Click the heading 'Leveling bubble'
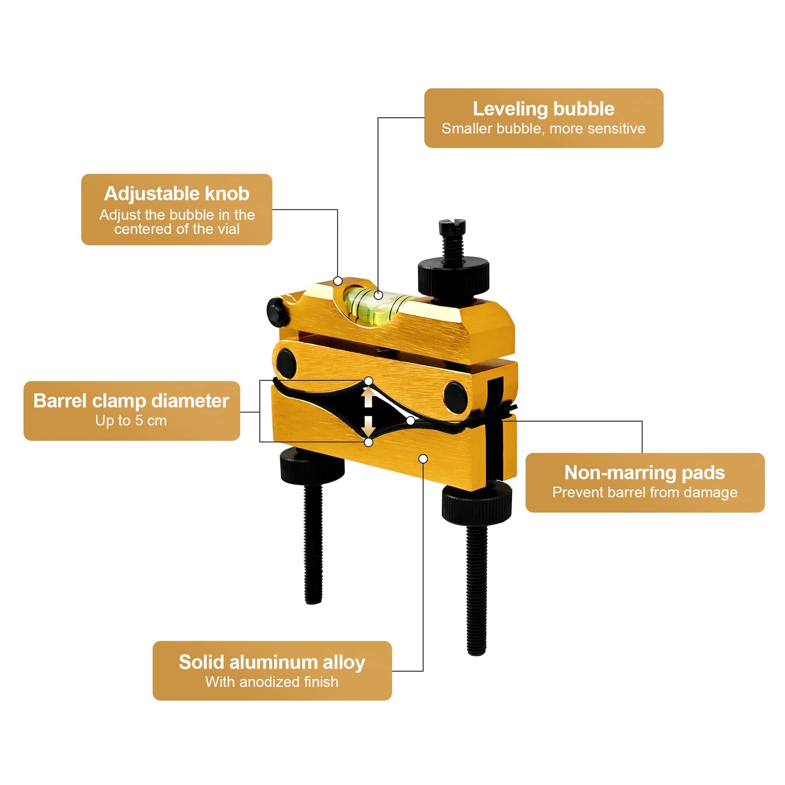(x=543, y=109)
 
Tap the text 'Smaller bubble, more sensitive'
(x=543, y=128)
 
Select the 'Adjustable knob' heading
(x=177, y=194)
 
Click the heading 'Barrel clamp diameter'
(x=131, y=401)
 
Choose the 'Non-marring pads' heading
(x=645, y=473)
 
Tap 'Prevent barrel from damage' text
(x=645, y=493)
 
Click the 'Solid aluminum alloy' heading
(x=272, y=662)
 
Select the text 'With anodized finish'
(x=272, y=682)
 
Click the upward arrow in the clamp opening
(x=369, y=396)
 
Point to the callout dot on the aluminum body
(x=423, y=459)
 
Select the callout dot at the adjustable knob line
(x=338, y=281)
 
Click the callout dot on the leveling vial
(x=378, y=295)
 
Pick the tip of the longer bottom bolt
(x=476, y=653)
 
